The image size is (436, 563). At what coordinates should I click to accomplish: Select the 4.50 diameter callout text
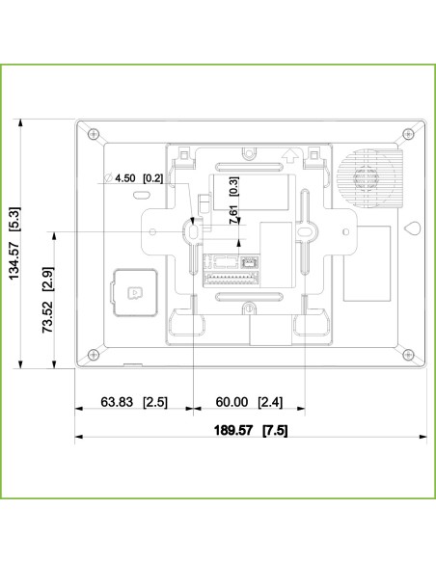(125, 178)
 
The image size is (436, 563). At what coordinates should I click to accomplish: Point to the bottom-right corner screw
(407, 352)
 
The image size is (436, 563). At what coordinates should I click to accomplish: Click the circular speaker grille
(368, 182)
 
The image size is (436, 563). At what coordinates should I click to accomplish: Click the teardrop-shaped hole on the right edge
(412, 230)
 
